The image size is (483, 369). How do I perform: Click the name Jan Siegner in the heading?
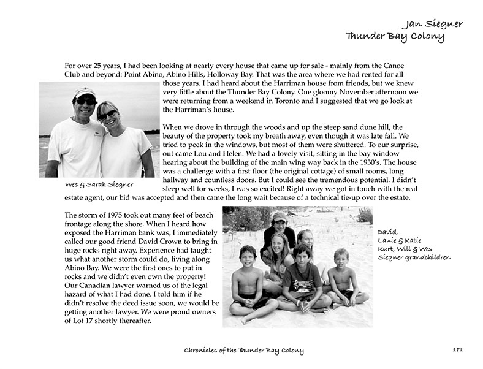pyautogui.click(x=433, y=24)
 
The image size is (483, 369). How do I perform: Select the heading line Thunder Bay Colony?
pyautogui.click(x=395, y=36)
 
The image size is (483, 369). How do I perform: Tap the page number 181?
pyautogui.click(x=457, y=350)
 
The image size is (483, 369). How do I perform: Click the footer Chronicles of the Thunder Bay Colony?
pyautogui.click(x=244, y=351)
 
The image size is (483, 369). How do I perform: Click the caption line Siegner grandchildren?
pyautogui.click(x=414, y=257)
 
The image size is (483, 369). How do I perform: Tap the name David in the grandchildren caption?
pyautogui.click(x=387, y=232)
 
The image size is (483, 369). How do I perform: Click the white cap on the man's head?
pyautogui.click(x=84, y=93)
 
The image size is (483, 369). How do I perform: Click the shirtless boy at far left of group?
pyautogui.click(x=248, y=282)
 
